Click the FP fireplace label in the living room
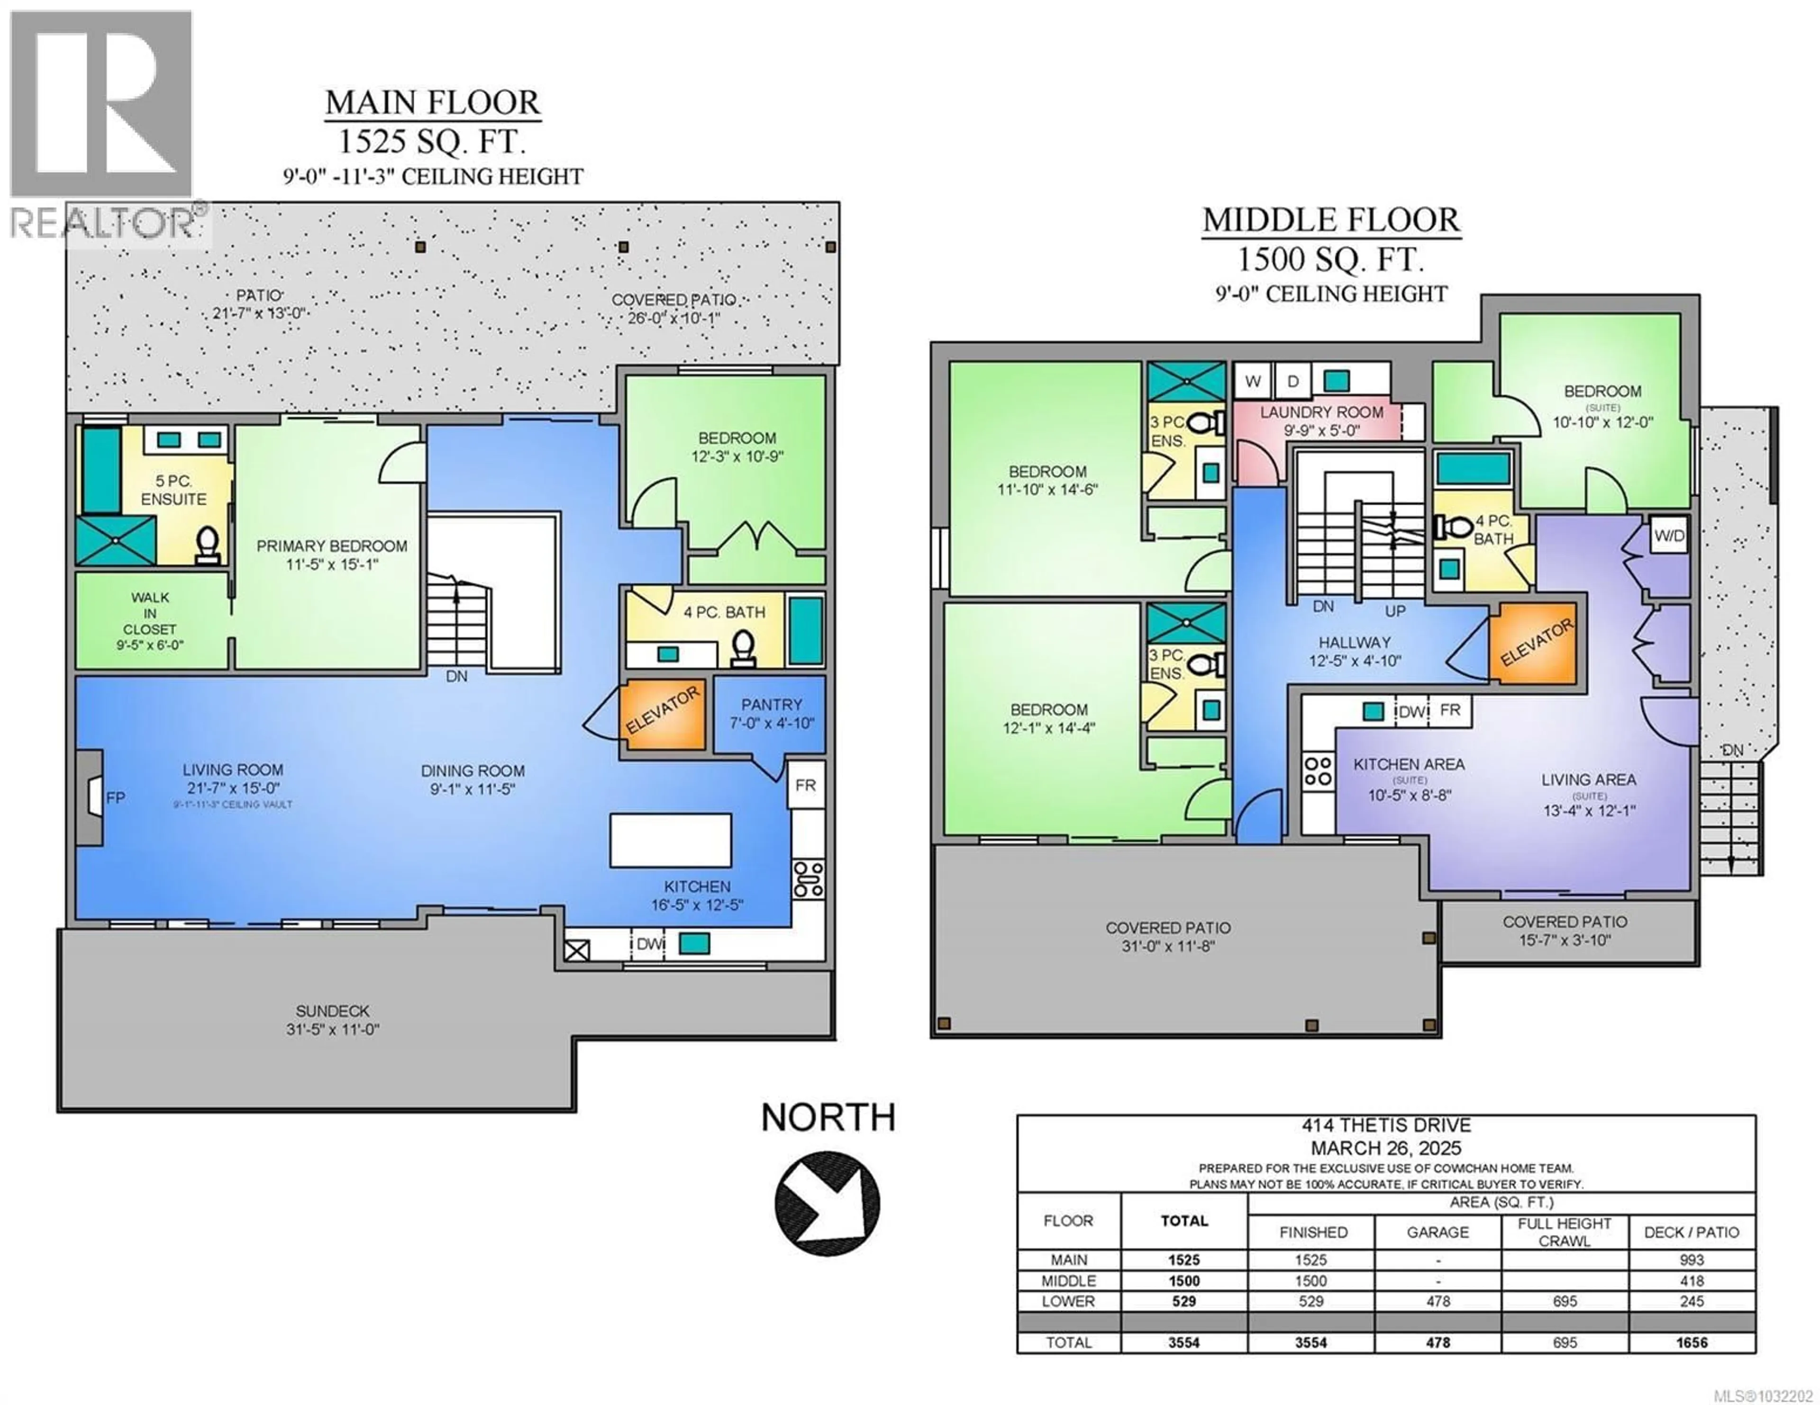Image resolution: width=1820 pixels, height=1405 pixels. pyautogui.click(x=116, y=798)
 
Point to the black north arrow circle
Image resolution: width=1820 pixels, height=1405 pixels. pyautogui.click(x=828, y=1203)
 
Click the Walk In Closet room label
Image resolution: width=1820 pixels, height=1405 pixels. pyautogui.click(x=150, y=620)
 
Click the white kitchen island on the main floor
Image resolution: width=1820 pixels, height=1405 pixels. pyautogui.click(x=671, y=841)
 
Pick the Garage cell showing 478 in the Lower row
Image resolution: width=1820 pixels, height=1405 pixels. pyautogui.click(x=1438, y=1301)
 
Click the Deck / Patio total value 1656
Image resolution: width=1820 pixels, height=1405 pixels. pyautogui.click(x=1692, y=1342)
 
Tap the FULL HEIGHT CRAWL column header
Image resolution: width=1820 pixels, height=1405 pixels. pyautogui.click(x=1564, y=1232)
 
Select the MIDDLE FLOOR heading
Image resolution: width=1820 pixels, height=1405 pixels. pyautogui.click(x=1331, y=220)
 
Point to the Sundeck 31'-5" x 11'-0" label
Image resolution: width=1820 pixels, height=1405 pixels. pyautogui.click(x=333, y=1020)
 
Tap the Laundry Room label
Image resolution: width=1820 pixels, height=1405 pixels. pyautogui.click(x=1322, y=421)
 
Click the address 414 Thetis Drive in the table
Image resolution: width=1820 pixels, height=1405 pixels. pyautogui.click(x=1386, y=1125)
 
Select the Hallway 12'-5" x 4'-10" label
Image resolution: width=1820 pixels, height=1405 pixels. pyautogui.click(x=1354, y=651)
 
